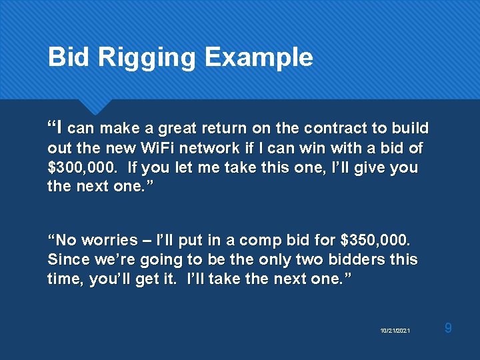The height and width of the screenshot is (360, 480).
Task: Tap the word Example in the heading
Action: pos(259,57)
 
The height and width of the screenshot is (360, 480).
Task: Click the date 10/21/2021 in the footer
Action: pos(395,331)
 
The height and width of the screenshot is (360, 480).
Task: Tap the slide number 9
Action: pos(448,328)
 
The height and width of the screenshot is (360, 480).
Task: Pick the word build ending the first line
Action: pos(409,128)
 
